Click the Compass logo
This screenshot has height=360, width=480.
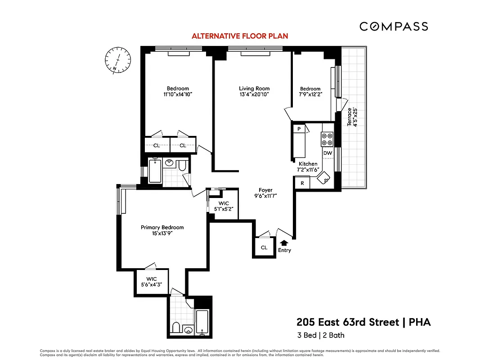pos(394,27)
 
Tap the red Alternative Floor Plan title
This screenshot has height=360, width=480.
pos(240,36)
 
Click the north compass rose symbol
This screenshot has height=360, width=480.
pos(118,59)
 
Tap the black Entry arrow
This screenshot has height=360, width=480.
pos(284,243)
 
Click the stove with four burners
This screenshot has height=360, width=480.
pos(327,139)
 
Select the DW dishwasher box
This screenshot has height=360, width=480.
pos(327,153)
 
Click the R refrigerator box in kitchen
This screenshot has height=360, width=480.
pos(302,183)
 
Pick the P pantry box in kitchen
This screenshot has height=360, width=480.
pos(299,129)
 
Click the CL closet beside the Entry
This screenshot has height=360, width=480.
pos(264,247)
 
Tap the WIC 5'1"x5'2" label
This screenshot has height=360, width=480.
pos(223,206)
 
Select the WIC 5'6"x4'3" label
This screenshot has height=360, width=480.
pos(151,282)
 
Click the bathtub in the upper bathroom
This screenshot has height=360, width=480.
pos(155,171)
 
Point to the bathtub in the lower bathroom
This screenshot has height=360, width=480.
pos(202,322)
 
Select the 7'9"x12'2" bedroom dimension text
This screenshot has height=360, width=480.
pos(310,94)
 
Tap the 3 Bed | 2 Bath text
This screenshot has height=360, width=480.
pos(320,335)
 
